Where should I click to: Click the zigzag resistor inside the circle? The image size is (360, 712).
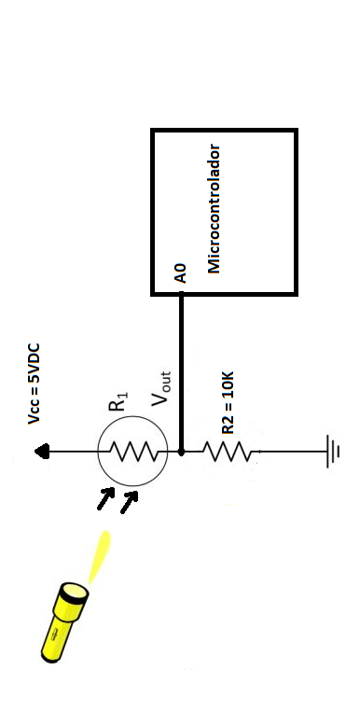(x=132, y=453)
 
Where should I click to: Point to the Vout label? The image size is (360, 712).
(x=161, y=387)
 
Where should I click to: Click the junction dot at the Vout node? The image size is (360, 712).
(x=181, y=452)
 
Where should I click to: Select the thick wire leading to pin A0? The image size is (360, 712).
(x=181, y=373)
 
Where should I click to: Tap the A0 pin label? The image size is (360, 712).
(x=181, y=272)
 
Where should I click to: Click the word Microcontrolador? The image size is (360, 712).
(x=214, y=207)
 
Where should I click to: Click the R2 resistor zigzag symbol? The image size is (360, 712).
(x=227, y=453)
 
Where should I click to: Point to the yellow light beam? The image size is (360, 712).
(x=99, y=557)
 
